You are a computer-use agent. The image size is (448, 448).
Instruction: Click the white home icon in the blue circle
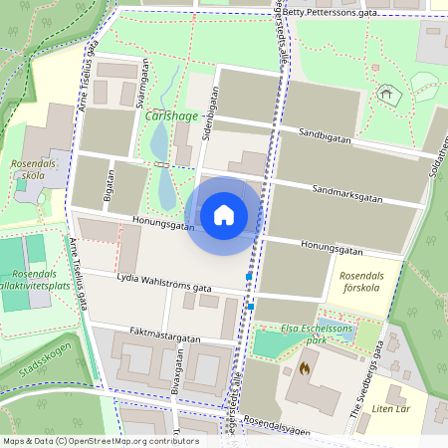click(224, 214)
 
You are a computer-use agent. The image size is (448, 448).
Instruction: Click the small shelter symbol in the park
click(386, 96)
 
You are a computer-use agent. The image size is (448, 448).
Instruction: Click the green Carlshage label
click(171, 115)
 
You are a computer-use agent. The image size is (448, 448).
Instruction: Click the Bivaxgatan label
click(177, 383)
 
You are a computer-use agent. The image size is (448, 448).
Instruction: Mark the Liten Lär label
click(391, 408)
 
